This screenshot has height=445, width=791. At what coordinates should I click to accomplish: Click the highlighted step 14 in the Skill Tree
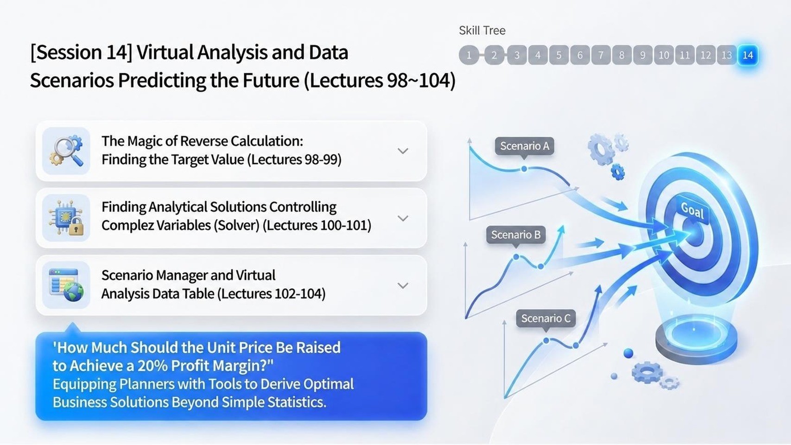coord(747,55)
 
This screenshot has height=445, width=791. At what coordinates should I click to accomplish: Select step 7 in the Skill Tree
coord(601,55)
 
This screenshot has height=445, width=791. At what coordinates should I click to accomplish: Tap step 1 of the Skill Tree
coord(469,55)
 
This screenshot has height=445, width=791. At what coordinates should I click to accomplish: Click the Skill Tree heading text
coord(482,31)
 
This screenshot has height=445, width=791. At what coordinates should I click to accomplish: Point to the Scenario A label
coord(525,146)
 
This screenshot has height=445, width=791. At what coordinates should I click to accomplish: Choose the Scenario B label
coord(516,235)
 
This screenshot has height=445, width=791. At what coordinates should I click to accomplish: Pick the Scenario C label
coord(545,318)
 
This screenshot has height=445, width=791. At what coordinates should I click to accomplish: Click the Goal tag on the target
coord(692,210)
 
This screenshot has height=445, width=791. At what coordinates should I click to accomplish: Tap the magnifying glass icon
coord(66,151)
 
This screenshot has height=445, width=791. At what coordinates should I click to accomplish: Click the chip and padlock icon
coord(66,218)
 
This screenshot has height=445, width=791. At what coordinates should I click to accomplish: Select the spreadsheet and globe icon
coord(66,285)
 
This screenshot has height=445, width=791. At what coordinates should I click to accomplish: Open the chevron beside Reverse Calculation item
coord(403,151)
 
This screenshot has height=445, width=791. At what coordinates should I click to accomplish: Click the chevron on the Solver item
coord(403,218)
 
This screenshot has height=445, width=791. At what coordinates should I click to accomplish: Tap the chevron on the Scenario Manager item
coord(403,286)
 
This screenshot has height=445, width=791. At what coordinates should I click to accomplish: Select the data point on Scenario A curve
coord(524,169)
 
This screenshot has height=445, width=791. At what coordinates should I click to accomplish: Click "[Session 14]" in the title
coord(81,52)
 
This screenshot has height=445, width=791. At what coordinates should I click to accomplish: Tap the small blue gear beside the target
coord(618,172)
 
